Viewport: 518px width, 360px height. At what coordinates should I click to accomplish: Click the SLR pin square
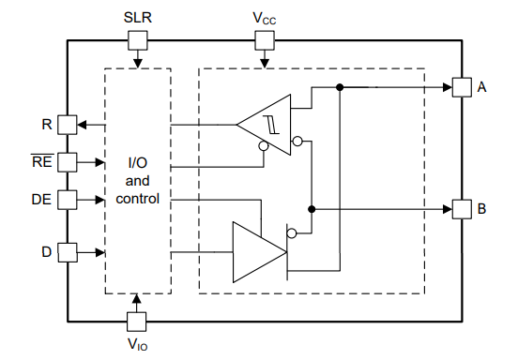[x=137, y=39]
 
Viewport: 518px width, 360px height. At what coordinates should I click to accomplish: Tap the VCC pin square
[x=265, y=39]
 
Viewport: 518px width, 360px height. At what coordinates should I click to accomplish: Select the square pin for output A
[x=461, y=87]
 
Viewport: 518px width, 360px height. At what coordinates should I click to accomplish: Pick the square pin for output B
[x=461, y=208]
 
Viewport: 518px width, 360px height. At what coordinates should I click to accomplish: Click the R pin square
[x=67, y=124]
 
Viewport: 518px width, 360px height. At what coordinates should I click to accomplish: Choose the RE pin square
[x=67, y=161]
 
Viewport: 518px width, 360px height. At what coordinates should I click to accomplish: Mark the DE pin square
[x=67, y=199]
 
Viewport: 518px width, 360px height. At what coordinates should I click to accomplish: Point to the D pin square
[x=67, y=251]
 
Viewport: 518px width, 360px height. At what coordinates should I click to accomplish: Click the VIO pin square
[x=137, y=320]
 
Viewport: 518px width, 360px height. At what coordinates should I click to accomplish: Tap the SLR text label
[x=137, y=17]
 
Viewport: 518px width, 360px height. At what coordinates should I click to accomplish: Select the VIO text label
[x=137, y=344]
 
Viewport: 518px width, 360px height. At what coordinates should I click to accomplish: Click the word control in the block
[x=137, y=200]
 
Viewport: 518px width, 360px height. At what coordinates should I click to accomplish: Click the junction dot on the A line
[x=339, y=87]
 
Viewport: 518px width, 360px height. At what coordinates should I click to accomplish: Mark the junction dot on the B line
[x=312, y=208]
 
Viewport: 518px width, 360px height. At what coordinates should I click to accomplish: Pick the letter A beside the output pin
[x=481, y=87]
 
